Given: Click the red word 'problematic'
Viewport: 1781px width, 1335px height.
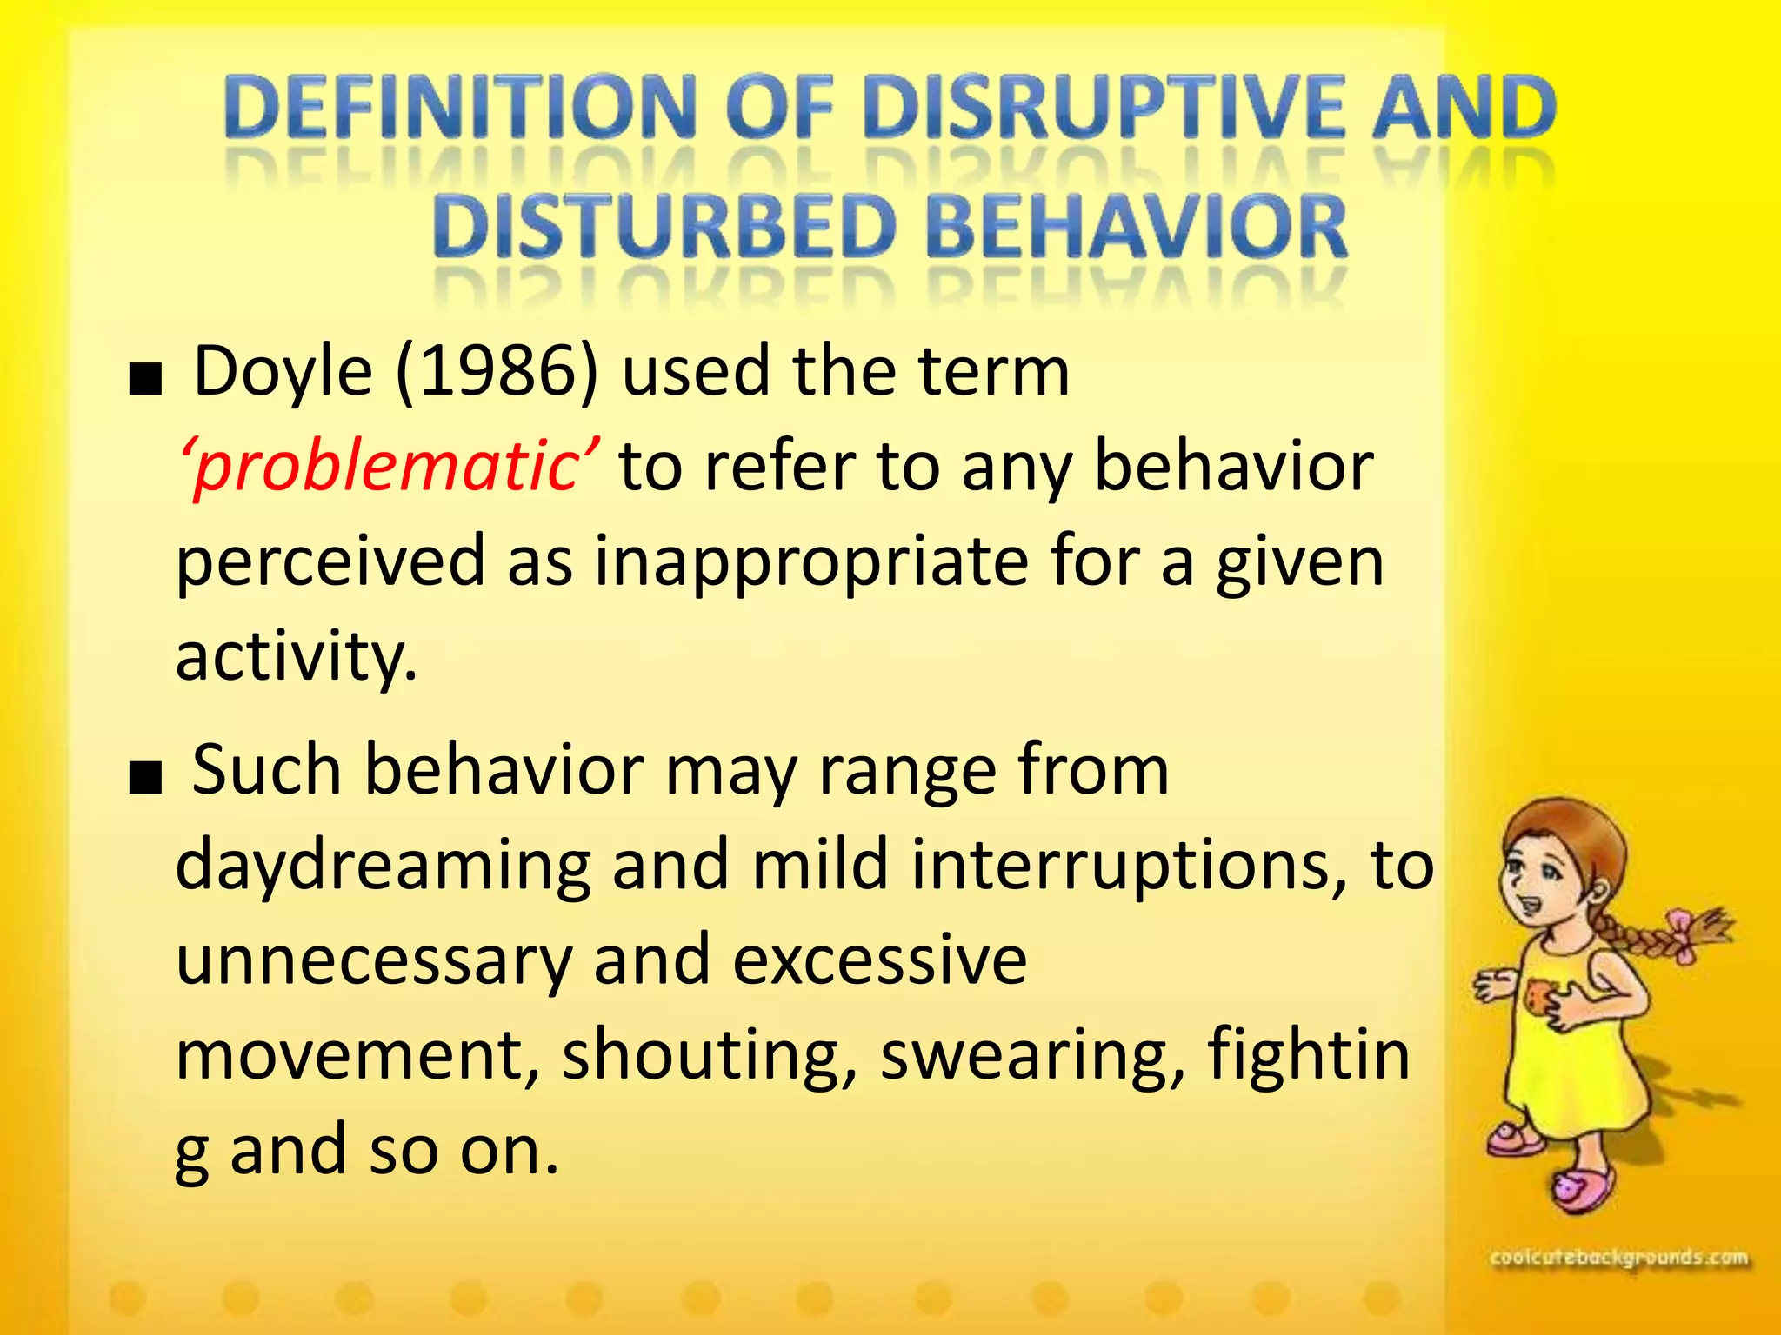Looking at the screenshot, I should (388, 467).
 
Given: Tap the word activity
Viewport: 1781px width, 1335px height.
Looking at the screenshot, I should (296, 657).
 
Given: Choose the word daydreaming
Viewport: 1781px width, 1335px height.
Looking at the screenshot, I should (384, 866).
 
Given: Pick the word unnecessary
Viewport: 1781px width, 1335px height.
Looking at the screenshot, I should (374, 960).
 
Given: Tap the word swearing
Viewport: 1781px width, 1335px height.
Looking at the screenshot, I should (1033, 1055).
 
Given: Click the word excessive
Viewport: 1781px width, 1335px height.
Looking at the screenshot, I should (880, 960).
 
